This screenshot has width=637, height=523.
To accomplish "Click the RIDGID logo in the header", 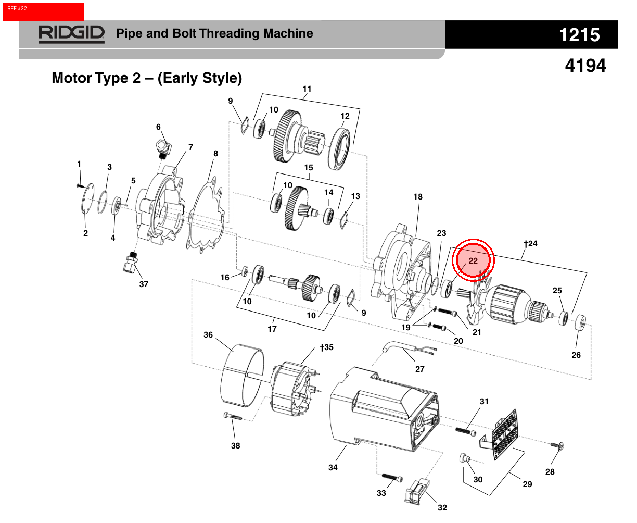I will pyautogui.click(x=72, y=34).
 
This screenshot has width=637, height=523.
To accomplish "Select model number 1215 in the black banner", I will pyautogui.click(x=579, y=35).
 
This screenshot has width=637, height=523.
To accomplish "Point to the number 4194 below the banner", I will pyautogui.click(x=585, y=66).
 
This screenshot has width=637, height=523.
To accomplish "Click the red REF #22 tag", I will pyautogui.click(x=43, y=11).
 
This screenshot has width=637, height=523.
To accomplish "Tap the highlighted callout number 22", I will pyautogui.click(x=473, y=260).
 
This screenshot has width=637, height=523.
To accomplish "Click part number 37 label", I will pyautogui.click(x=144, y=284).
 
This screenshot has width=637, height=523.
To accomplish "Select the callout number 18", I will pyautogui.click(x=418, y=197).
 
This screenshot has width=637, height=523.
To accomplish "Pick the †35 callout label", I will pyautogui.click(x=327, y=347).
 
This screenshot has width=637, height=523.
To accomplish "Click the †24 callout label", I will pyautogui.click(x=531, y=244).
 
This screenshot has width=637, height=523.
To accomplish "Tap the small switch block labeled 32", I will pyautogui.click(x=417, y=491).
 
